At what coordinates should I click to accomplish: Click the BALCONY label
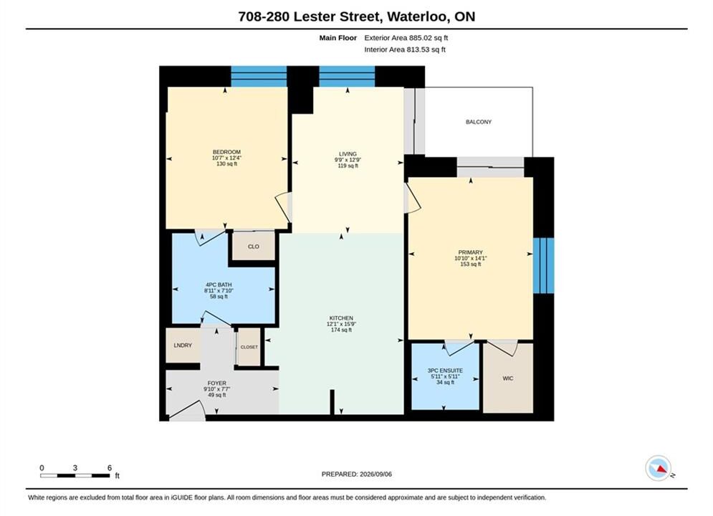(479, 122)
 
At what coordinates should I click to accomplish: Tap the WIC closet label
(508, 378)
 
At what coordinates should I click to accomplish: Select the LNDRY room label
(183, 345)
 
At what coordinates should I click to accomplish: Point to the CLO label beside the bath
(253, 247)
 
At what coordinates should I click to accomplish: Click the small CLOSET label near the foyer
(249, 347)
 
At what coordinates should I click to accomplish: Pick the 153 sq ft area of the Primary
(470, 264)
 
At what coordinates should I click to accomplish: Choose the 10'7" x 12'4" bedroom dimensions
(226, 158)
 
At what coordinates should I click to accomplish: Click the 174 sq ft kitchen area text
(341, 330)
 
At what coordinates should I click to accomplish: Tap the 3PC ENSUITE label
(445, 371)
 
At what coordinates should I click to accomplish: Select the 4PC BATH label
(219, 285)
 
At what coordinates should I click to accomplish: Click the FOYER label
(217, 383)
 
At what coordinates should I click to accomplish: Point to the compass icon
(659, 468)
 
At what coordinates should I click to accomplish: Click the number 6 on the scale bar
(110, 467)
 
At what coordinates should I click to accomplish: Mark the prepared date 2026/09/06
(375, 474)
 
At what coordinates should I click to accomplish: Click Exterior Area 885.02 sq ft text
(406, 38)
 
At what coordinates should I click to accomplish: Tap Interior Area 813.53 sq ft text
(405, 49)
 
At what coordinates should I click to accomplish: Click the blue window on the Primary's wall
(543, 266)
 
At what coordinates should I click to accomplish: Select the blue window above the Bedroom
(259, 77)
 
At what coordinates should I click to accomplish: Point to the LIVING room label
(348, 153)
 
